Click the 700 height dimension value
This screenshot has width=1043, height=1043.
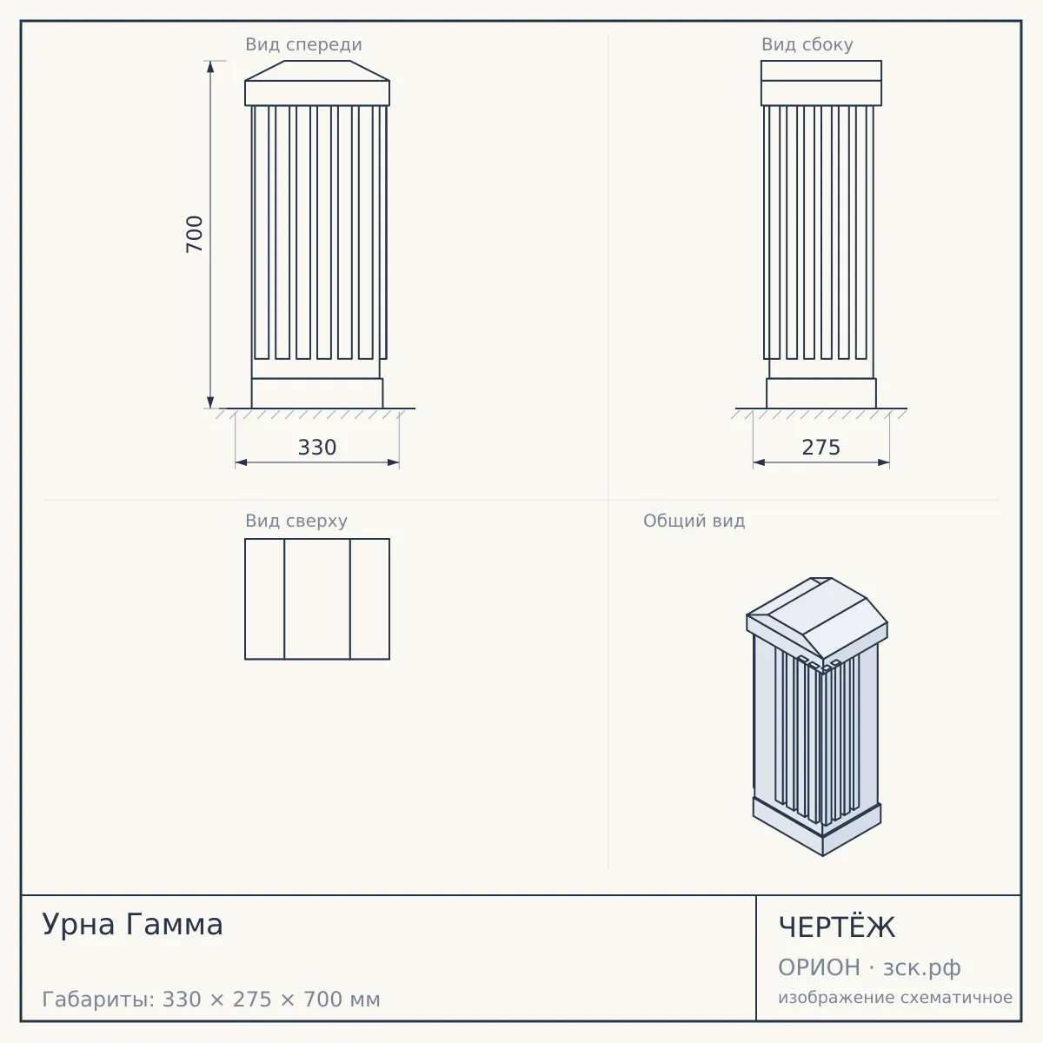click(195, 234)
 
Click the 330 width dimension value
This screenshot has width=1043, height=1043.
click(317, 448)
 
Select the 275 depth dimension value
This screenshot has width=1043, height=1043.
click(820, 448)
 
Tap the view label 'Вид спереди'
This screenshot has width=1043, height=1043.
click(303, 44)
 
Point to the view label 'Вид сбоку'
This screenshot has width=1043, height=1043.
click(807, 44)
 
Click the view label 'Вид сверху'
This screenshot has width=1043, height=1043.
click(296, 521)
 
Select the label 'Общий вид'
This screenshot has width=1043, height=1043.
click(694, 521)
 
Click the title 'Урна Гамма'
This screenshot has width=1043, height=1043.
click(133, 924)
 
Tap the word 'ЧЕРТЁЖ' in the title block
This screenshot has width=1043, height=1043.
click(837, 927)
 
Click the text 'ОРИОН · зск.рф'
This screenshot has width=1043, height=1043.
click(869, 967)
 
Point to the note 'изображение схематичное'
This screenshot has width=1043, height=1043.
click(895, 997)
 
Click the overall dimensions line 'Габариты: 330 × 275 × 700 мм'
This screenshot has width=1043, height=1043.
click(211, 1000)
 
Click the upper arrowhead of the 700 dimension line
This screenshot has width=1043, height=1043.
click(210, 67)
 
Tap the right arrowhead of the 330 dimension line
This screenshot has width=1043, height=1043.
click(394, 462)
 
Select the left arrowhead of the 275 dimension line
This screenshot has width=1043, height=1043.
click(759, 462)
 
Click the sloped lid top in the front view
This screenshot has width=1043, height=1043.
click(317, 71)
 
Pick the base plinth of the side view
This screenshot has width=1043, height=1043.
click(821, 394)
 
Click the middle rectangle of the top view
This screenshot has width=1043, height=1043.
click(317, 599)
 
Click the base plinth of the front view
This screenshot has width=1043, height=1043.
click(317, 394)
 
